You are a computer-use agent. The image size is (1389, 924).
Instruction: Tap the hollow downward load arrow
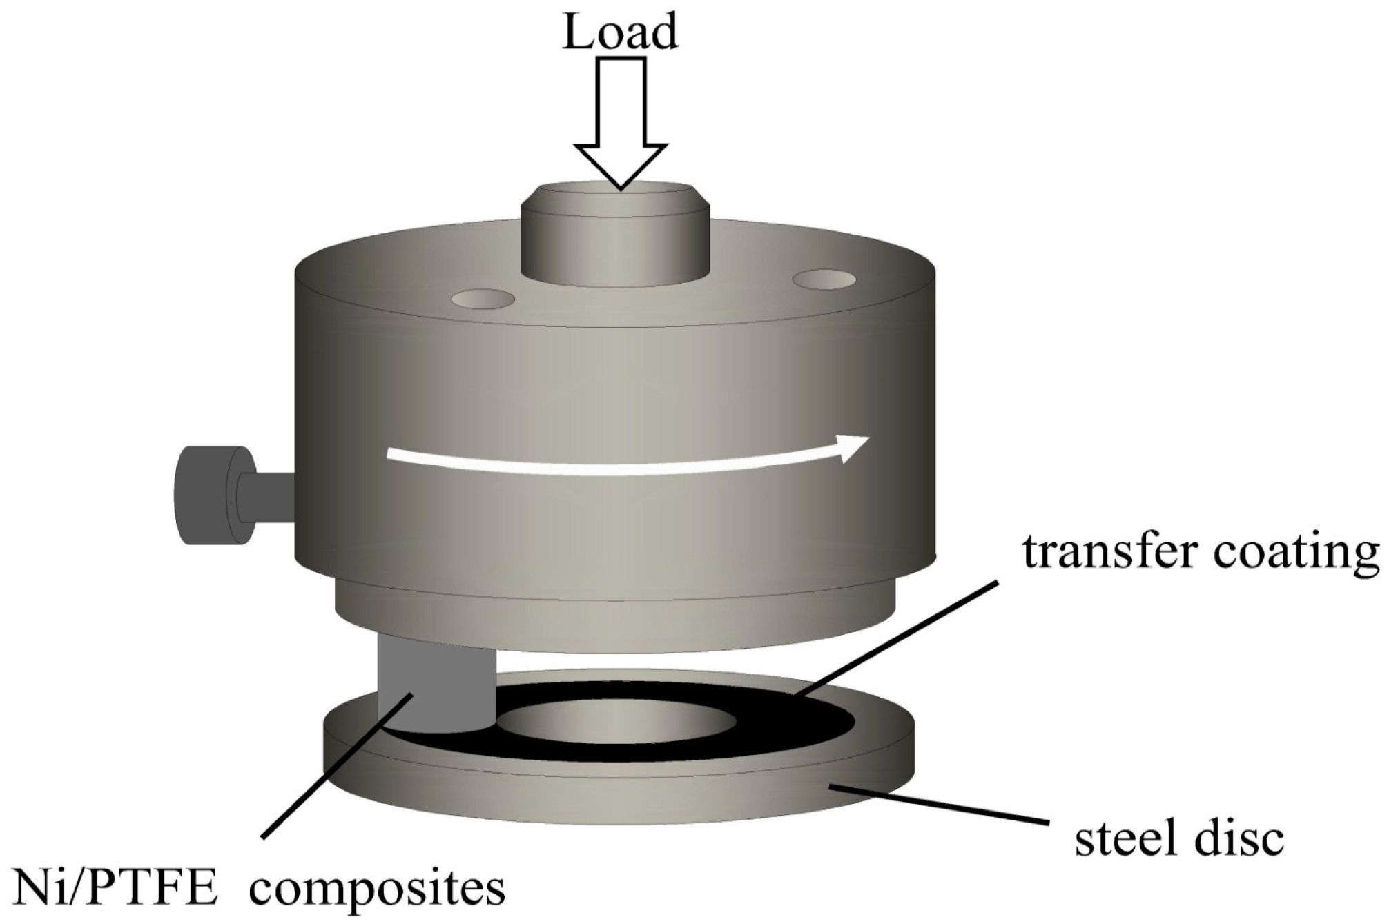tap(621, 117)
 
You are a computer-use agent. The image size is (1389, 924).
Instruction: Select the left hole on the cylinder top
tap(483, 299)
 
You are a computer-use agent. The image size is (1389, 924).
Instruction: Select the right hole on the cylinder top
tap(824, 280)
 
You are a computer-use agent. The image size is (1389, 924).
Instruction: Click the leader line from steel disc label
tap(939, 804)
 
